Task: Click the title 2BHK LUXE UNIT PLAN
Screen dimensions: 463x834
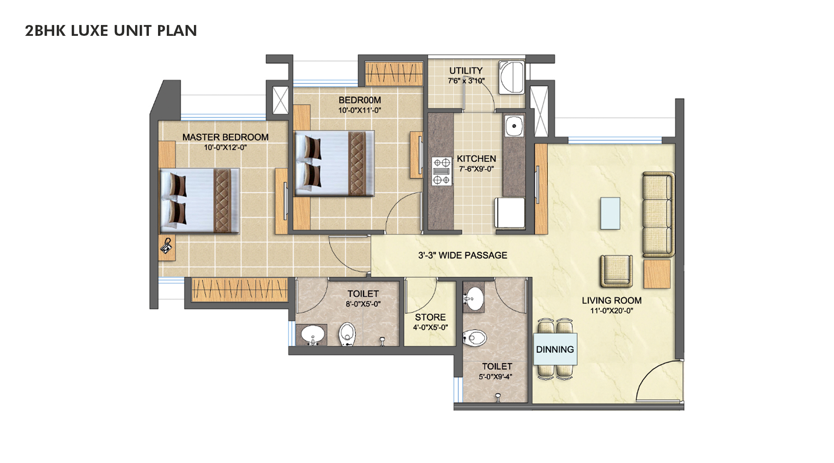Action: (111, 31)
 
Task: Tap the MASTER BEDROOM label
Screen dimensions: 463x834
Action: (225, 137)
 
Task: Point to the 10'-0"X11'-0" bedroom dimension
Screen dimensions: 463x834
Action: (359, 110)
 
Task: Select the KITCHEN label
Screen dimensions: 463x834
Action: (476, 159)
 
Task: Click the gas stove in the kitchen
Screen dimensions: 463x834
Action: (442, 171)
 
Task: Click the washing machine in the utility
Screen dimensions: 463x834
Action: (512, 78)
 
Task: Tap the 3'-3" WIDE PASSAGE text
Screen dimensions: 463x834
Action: (462, 255)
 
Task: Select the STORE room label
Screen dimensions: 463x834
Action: (430, 317)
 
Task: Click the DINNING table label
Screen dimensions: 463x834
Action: (555, 350)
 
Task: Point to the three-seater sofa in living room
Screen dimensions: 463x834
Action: (658, 214)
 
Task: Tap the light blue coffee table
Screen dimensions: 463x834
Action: (610, 213)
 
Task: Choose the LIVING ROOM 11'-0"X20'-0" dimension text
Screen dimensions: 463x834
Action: (611, 311)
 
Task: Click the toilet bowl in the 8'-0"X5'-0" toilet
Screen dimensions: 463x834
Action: (347, 334)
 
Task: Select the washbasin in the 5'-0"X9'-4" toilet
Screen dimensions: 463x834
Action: (474, 299)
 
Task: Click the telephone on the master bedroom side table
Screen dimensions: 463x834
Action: (166, 246)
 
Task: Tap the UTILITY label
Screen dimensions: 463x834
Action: (466, 71)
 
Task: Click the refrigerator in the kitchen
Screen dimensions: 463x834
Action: (510, 213)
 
